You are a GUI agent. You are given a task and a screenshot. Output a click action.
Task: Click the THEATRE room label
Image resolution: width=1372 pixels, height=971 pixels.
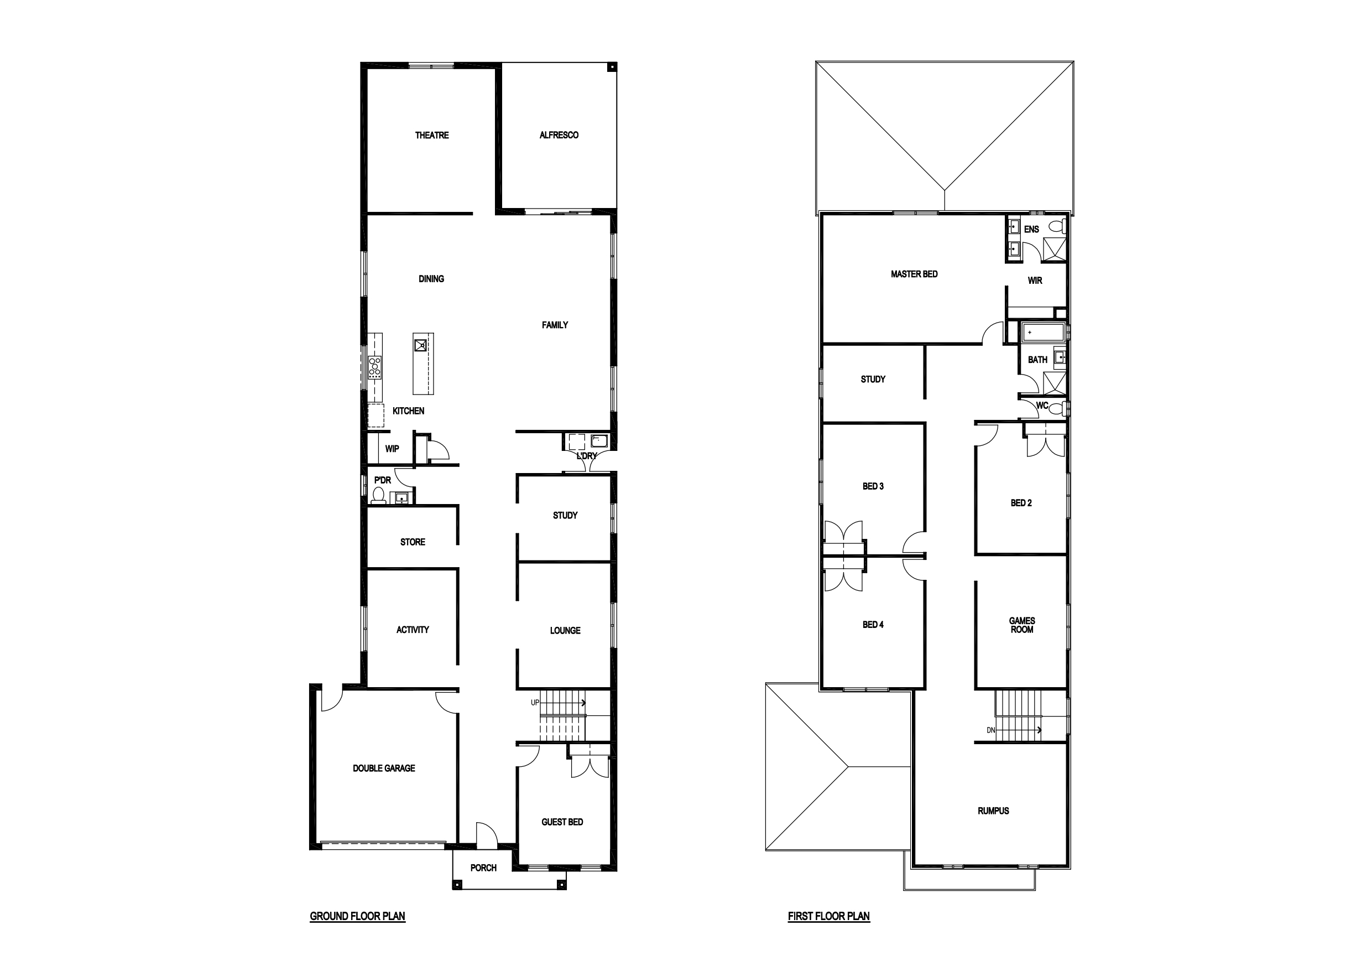coord(431,135)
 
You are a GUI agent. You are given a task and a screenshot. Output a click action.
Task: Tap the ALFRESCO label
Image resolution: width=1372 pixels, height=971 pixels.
coord(559,135)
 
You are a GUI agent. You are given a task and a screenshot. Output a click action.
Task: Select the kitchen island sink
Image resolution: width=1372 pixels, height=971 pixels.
coord(421,345)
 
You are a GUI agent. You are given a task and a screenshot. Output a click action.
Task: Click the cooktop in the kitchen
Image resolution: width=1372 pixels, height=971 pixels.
coord(375,367)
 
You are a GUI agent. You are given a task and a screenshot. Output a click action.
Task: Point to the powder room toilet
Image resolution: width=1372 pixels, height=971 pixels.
coord(378,496)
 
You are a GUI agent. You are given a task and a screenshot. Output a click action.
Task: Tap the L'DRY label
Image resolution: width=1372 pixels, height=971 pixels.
coord(587,455)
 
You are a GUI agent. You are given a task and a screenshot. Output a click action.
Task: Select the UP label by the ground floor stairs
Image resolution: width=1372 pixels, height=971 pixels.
coord(535,703)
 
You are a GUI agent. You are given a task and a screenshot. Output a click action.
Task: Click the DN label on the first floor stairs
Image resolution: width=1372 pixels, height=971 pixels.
coord(991,730)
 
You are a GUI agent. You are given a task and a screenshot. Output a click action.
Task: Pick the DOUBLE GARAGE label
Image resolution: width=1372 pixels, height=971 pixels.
coord(384,769)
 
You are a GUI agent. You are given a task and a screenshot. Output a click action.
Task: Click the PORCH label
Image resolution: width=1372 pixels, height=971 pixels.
coord(483,868)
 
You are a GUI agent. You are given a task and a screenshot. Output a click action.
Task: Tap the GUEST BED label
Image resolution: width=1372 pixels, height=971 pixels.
coord(562,822)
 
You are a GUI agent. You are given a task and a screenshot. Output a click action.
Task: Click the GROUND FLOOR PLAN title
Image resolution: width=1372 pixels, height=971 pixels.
coord(357,916)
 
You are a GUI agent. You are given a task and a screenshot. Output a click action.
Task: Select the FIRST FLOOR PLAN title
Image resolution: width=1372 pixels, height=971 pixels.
coord(829,916)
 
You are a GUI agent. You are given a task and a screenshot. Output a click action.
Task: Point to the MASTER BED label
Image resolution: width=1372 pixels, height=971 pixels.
coord(914,274)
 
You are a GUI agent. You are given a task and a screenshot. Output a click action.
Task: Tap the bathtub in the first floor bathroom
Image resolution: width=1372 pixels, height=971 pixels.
coord(1044,332)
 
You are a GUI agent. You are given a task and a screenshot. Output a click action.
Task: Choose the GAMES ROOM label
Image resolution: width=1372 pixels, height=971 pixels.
coord(1022,625)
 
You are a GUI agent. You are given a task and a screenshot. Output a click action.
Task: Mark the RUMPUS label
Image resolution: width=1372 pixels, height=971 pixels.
coord(993,811)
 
